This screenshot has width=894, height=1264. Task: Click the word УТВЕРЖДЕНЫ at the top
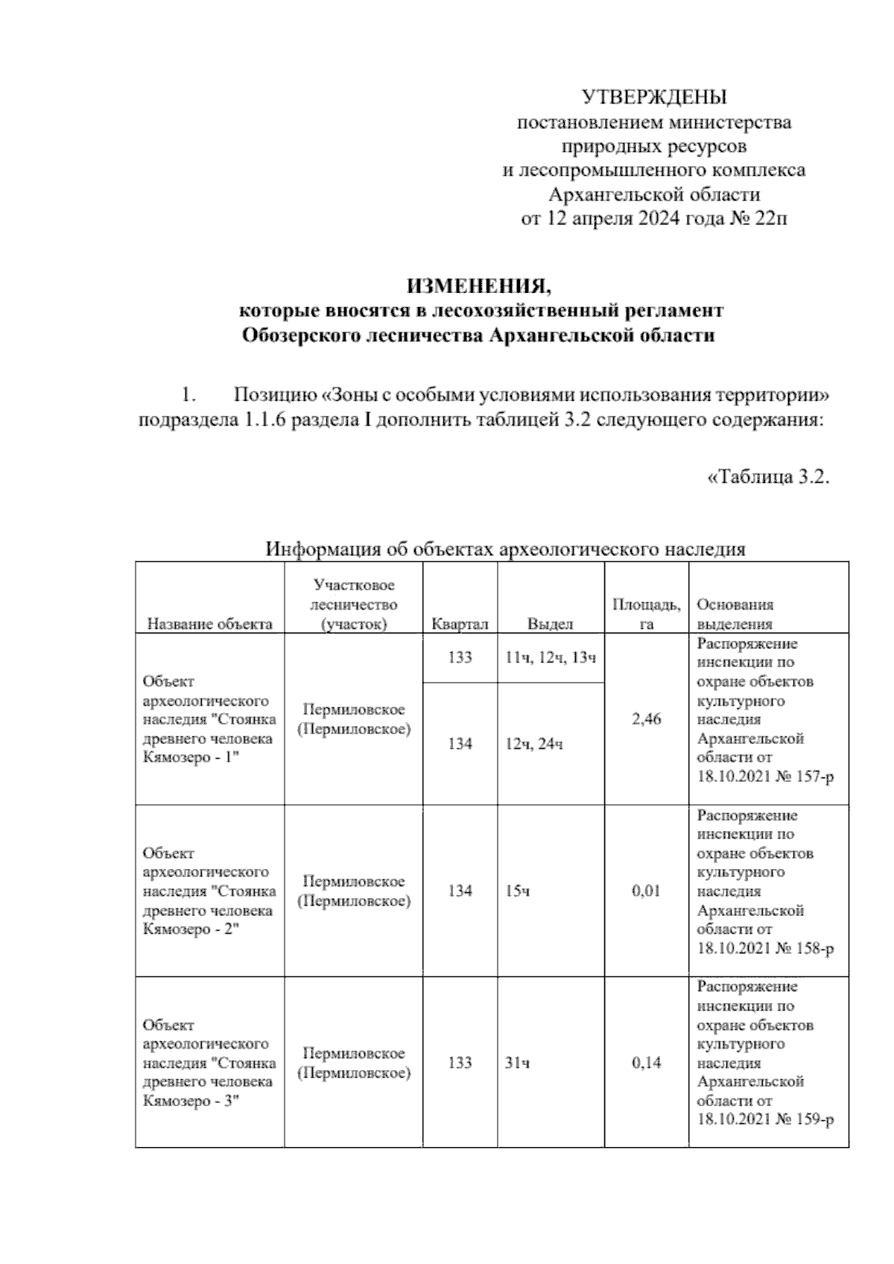pyautogui.click(x=653, y=97)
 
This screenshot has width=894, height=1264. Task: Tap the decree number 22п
pyautogui.click(x=770, y=219)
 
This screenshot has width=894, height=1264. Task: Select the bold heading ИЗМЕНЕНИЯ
pyautogui.click(x=481, y=285)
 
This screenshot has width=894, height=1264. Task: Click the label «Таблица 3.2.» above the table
pyautogui.click(x=767, y=477)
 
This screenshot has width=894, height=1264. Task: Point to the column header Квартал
pyautogui.click(x=460, y=625)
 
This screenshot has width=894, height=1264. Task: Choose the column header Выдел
pyautogui.click(x=550, y=625)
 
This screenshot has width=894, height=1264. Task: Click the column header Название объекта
pyautogui.click(x=209, y=625)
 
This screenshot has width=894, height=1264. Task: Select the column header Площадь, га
pyautogui.click(x=646, y=614)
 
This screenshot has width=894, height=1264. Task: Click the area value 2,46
pyautogui.click(x=646, y=720)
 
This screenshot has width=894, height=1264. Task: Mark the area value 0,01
pyautogui.click(x=646, y=891)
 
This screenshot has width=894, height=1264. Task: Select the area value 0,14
pyautogui.click(x=646, y=1063)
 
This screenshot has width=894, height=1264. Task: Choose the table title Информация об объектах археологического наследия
pyautogui.click(x=506, y=550)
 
